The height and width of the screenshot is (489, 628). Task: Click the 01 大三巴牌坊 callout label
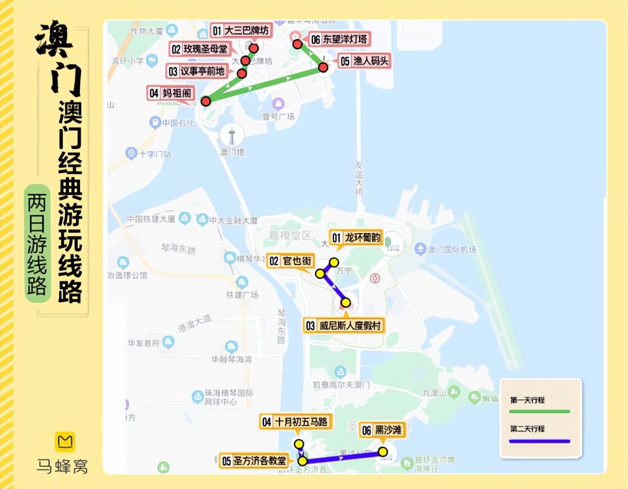[x=241, y=30]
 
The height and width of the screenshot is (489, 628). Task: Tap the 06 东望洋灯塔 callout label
[x=339, y=39]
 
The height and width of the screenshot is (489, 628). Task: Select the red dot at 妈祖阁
[x=206, y=101]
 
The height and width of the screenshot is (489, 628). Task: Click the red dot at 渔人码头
[x=323, y=67]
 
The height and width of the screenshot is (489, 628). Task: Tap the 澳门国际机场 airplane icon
[x=420, y=249]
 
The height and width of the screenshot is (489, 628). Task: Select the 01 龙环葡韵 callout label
[x=356, y=238]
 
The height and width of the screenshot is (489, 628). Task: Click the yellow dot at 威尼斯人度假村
[x=345, y=303]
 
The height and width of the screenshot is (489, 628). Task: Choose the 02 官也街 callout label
[x=291, y=261]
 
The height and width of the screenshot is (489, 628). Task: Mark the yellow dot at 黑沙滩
[x=383, y=452]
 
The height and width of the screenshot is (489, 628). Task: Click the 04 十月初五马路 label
[x=296, y=422]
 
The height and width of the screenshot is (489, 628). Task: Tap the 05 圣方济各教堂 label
[x=254, y=460]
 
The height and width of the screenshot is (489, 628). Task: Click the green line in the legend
[x=539, y=411]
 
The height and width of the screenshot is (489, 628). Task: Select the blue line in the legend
[x=539, y=441]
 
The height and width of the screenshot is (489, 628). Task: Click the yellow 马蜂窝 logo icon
[x=65, y=441]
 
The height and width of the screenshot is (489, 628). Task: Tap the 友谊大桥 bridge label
[x=359, y=178]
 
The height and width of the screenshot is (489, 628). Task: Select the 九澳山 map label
[x=434, y=393]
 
